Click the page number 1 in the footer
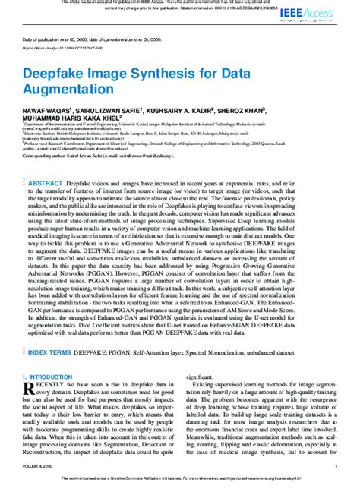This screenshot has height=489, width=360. (336, 467)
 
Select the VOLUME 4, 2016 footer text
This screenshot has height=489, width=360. (39, 467)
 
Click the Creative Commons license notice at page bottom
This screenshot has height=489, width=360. (180, 480)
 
